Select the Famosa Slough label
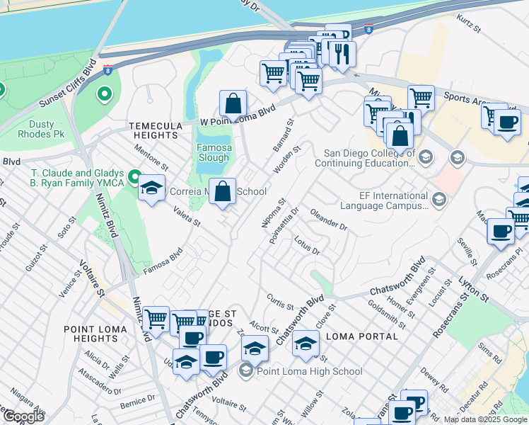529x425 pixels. pos(213,153)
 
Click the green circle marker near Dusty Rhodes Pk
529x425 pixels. pos(105,93)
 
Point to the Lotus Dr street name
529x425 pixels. pos(308,245)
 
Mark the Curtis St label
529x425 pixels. pos(279,301)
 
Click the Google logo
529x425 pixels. pos(23,416)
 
